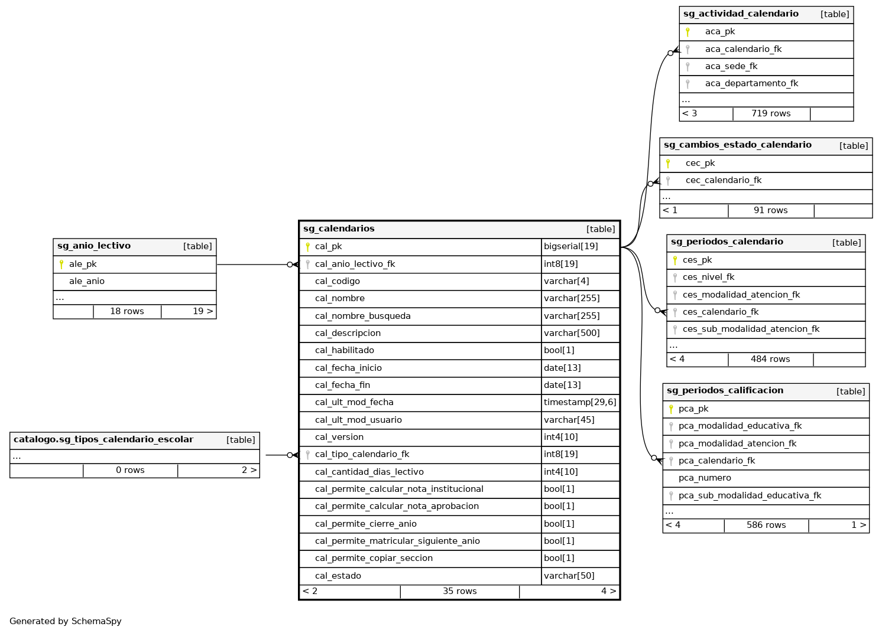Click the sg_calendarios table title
[339, 229]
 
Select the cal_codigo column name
[337, 281]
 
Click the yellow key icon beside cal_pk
[307, 247]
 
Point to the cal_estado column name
[338, 576]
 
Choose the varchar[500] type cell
[572, 333]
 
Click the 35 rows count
[459, 591]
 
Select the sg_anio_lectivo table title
[94, 246]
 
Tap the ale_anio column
[87, 281]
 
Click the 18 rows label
[127, 311]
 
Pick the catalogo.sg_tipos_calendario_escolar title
[103, 440]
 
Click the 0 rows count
[130, 470]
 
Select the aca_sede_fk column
[731, 66]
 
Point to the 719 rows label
[771, 113]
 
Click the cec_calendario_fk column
[724, 180]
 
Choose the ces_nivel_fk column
[708, 277]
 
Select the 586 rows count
[766, 525]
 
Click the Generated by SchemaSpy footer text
[66, 621]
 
